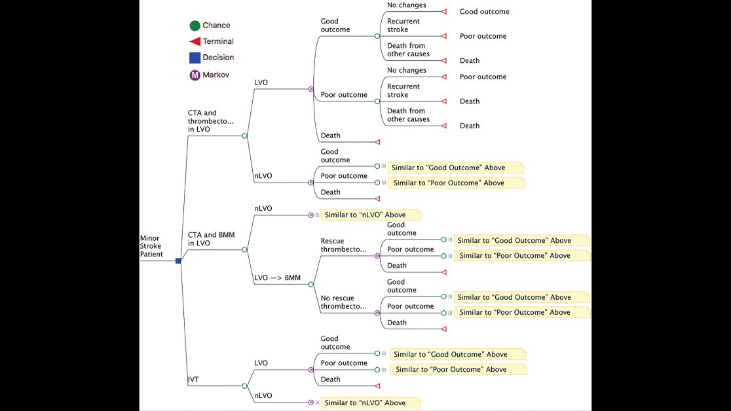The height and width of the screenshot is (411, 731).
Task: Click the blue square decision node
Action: (x=178, y=260)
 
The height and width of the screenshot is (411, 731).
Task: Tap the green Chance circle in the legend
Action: (x=195, y=26)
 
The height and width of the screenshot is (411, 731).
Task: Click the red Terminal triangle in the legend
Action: (x=195, y=41)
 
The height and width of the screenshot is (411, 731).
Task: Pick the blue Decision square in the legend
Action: (x=195, y=58)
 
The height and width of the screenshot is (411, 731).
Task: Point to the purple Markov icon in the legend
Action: (x=195, y=75)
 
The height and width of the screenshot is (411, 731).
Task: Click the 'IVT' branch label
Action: (x=193, y=380)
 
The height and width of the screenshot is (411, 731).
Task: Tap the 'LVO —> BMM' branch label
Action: (x=277, y=278)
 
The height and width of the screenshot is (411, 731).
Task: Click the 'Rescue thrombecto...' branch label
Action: (x=343, y=245)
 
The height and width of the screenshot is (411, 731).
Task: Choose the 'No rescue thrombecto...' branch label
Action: (x=343, y=302)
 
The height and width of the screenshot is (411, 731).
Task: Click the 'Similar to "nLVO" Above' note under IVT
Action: (x=371, y=402)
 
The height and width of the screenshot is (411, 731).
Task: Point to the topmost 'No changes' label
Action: (x=406, y=5)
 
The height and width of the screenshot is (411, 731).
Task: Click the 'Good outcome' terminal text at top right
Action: (x=484, y=12)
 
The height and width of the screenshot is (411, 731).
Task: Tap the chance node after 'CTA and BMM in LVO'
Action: (x=244, y=249)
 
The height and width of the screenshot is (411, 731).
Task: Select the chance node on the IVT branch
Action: (x=244, y=386)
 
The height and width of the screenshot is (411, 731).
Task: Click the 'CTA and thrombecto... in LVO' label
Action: (x=211, y=121)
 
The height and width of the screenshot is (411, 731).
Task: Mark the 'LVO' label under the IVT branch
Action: (x=261, y=363)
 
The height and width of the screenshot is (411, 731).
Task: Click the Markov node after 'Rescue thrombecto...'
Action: (x=377, y=256)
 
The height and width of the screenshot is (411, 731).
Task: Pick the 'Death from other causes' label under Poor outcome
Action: (x=408, y=115)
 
